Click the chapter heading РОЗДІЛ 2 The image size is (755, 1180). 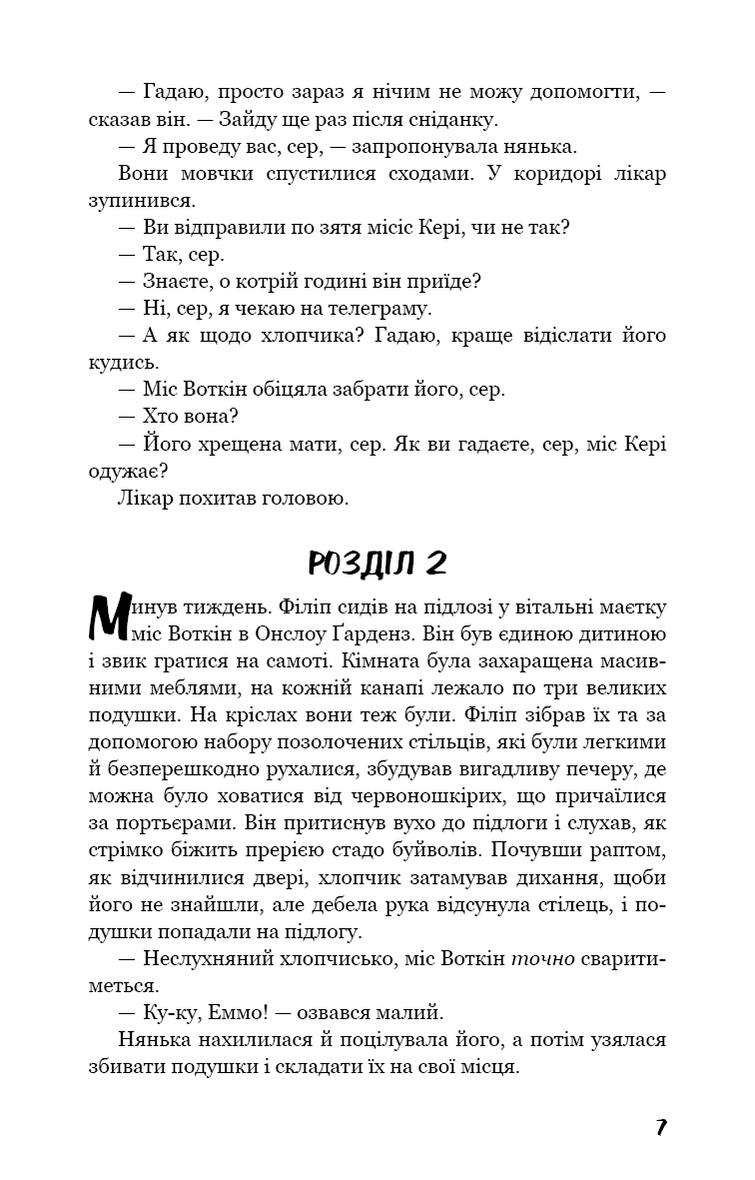pos(377,563)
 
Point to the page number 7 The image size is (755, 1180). pos(661,1127)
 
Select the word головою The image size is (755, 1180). pos(298,497)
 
